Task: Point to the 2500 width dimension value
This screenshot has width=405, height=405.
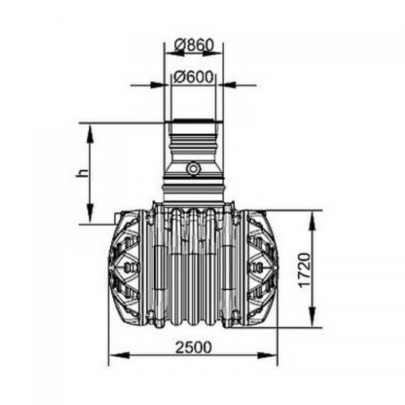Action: click(193, 347)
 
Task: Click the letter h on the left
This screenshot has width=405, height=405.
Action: click(82, 173)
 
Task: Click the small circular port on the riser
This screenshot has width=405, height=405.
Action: click(194, 168)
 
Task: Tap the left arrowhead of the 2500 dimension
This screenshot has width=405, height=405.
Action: click(114, 355)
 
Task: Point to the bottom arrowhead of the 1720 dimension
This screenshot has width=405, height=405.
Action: click(311, 322)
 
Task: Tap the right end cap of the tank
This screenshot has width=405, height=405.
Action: click(261, 267)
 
